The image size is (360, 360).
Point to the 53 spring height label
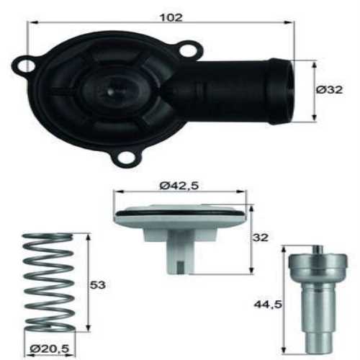click(97, 285)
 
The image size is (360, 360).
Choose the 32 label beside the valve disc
click(260, 237)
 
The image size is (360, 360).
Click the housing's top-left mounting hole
click(26, 66)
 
